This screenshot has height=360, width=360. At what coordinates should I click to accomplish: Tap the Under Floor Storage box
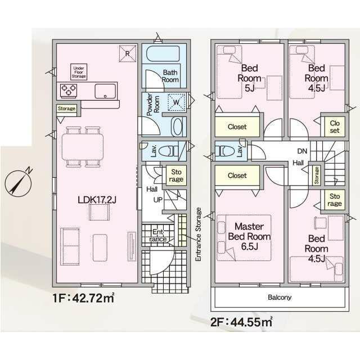pos(79,72)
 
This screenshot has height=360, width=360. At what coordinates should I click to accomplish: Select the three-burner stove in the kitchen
pos(69,90)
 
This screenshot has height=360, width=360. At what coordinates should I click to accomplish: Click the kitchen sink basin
pos(105,91)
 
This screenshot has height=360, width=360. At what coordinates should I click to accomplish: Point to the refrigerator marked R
pos(128,53)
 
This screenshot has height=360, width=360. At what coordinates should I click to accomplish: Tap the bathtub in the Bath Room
pos(163,54)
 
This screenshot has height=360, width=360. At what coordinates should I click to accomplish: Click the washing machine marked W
pos(176,102)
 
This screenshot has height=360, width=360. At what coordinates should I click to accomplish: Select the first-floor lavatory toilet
pos(168,151)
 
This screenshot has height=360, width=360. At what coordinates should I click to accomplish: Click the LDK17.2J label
pos(97,200)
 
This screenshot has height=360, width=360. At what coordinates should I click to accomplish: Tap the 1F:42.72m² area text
pos(84,298)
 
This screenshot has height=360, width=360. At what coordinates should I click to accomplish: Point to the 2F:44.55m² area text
pos(241,321)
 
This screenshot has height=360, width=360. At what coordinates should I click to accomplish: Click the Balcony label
pos(280,298)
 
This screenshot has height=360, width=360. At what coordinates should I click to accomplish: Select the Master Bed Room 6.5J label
pos(249,236)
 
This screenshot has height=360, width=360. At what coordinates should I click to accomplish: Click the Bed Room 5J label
pos(249,78)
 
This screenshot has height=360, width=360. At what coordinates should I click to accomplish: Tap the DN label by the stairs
pos(302,151)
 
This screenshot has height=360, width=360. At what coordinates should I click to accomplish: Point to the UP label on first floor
pos(157,200)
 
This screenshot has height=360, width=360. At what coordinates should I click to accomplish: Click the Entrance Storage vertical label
pos(198,234)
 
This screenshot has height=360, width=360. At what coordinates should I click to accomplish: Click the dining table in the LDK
pos(83,146)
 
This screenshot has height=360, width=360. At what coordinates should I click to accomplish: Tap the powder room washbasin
pos(177,127)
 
